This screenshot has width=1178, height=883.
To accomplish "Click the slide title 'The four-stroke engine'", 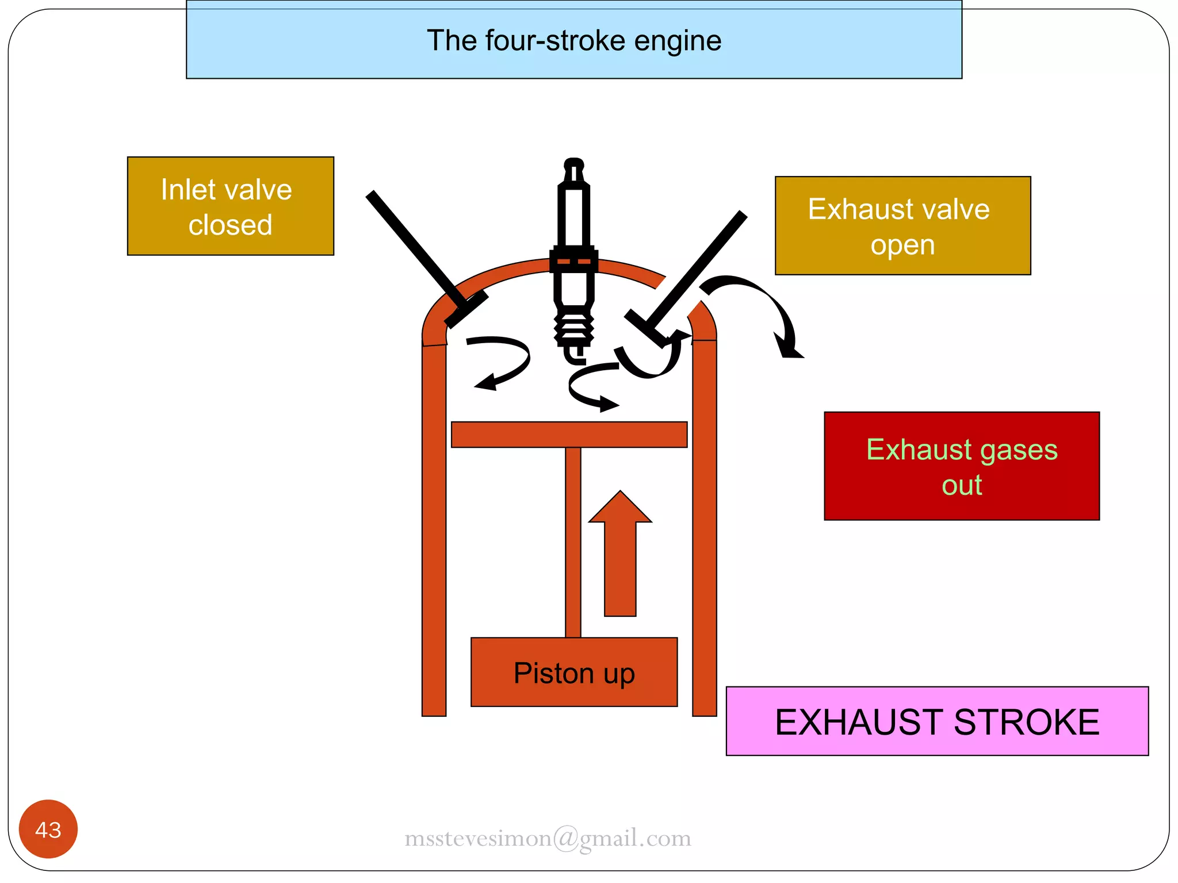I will pos(574,41).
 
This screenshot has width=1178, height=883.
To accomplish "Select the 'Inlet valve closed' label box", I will pos(230,206).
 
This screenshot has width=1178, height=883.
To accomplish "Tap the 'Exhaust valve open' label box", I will pos(902,225).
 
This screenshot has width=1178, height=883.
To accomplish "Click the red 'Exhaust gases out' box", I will pos(961,466).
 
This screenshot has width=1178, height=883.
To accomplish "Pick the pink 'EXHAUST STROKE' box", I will pos(936,721).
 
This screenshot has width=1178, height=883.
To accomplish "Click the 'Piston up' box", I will pos(573,672).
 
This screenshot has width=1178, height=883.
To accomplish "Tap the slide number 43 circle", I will pos(48,829).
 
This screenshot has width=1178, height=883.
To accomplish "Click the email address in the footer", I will pos(548,838).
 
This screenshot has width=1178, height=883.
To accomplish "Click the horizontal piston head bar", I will pos(569,435).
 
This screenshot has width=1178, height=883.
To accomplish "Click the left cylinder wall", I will pos(434,529).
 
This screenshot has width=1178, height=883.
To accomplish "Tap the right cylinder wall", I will pos(704,529).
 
